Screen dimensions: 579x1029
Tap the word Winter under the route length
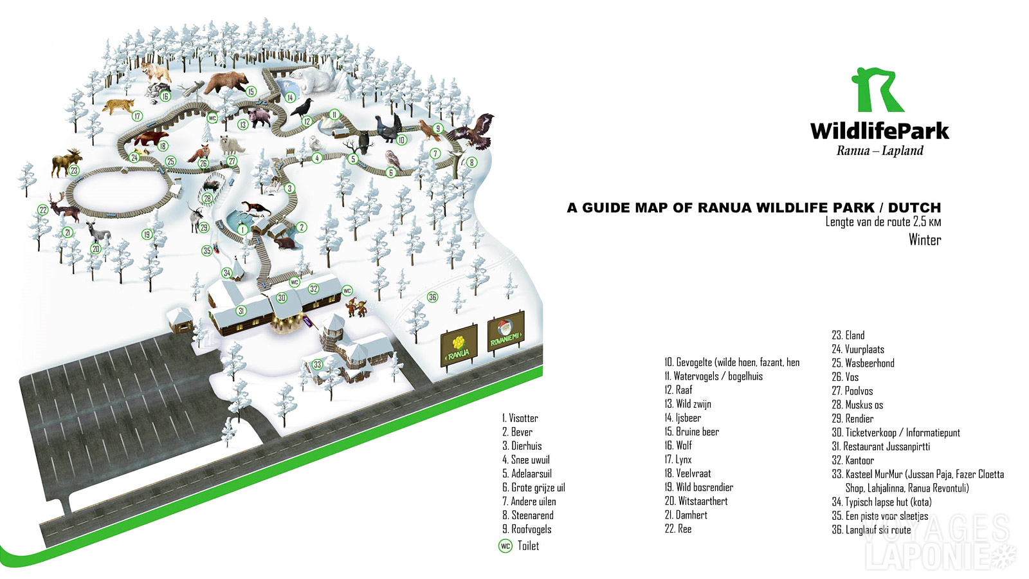(x=924, y=240)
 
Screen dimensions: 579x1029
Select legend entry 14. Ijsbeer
(x=682, y=418)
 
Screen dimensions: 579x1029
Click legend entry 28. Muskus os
(x=857, y=405)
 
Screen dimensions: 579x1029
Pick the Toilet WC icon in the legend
(x=505, y=546)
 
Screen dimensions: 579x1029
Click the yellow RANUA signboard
(x=459, y=345)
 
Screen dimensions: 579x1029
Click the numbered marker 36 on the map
(x=433, y=297)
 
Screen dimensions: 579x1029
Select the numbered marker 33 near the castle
(x=317, y=365)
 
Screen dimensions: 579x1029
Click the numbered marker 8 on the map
(x=471, y=163)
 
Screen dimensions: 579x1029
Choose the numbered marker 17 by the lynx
(x=137, y=116)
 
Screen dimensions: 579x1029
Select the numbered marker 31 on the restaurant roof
(x=241, y=311)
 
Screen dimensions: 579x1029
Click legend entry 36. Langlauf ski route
(x=871, y=530)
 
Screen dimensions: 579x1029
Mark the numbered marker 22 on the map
(x=43, y=210)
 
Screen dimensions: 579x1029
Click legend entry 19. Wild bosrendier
(x=698, y=488)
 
